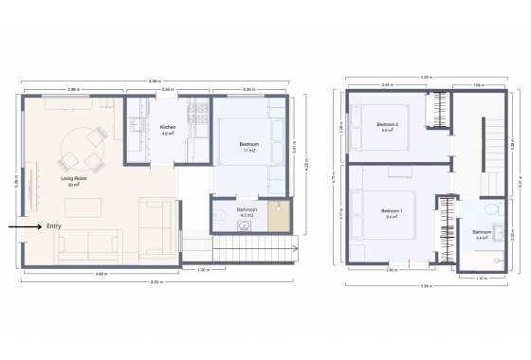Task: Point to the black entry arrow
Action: [x=25, y=227]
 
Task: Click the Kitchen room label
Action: [x=168, y=128]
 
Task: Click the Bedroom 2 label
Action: [x=387, y=126]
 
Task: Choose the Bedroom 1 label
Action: [x=391, y=211]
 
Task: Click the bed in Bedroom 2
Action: [x=366, y=126]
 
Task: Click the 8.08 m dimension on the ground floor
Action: [x=154, y=81]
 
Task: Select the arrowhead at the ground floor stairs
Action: [x=296, y=248]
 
